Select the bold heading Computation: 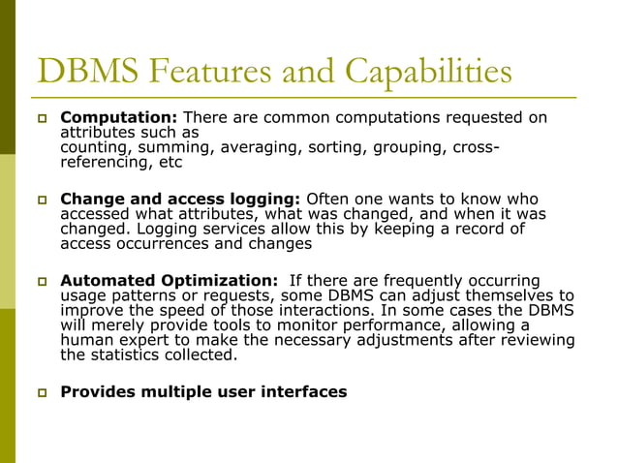click(x=119, y=118)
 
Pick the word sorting click(x=333, y=147)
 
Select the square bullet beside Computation click(x=43, y=118)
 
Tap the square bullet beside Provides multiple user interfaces click(x=43, y=392)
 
